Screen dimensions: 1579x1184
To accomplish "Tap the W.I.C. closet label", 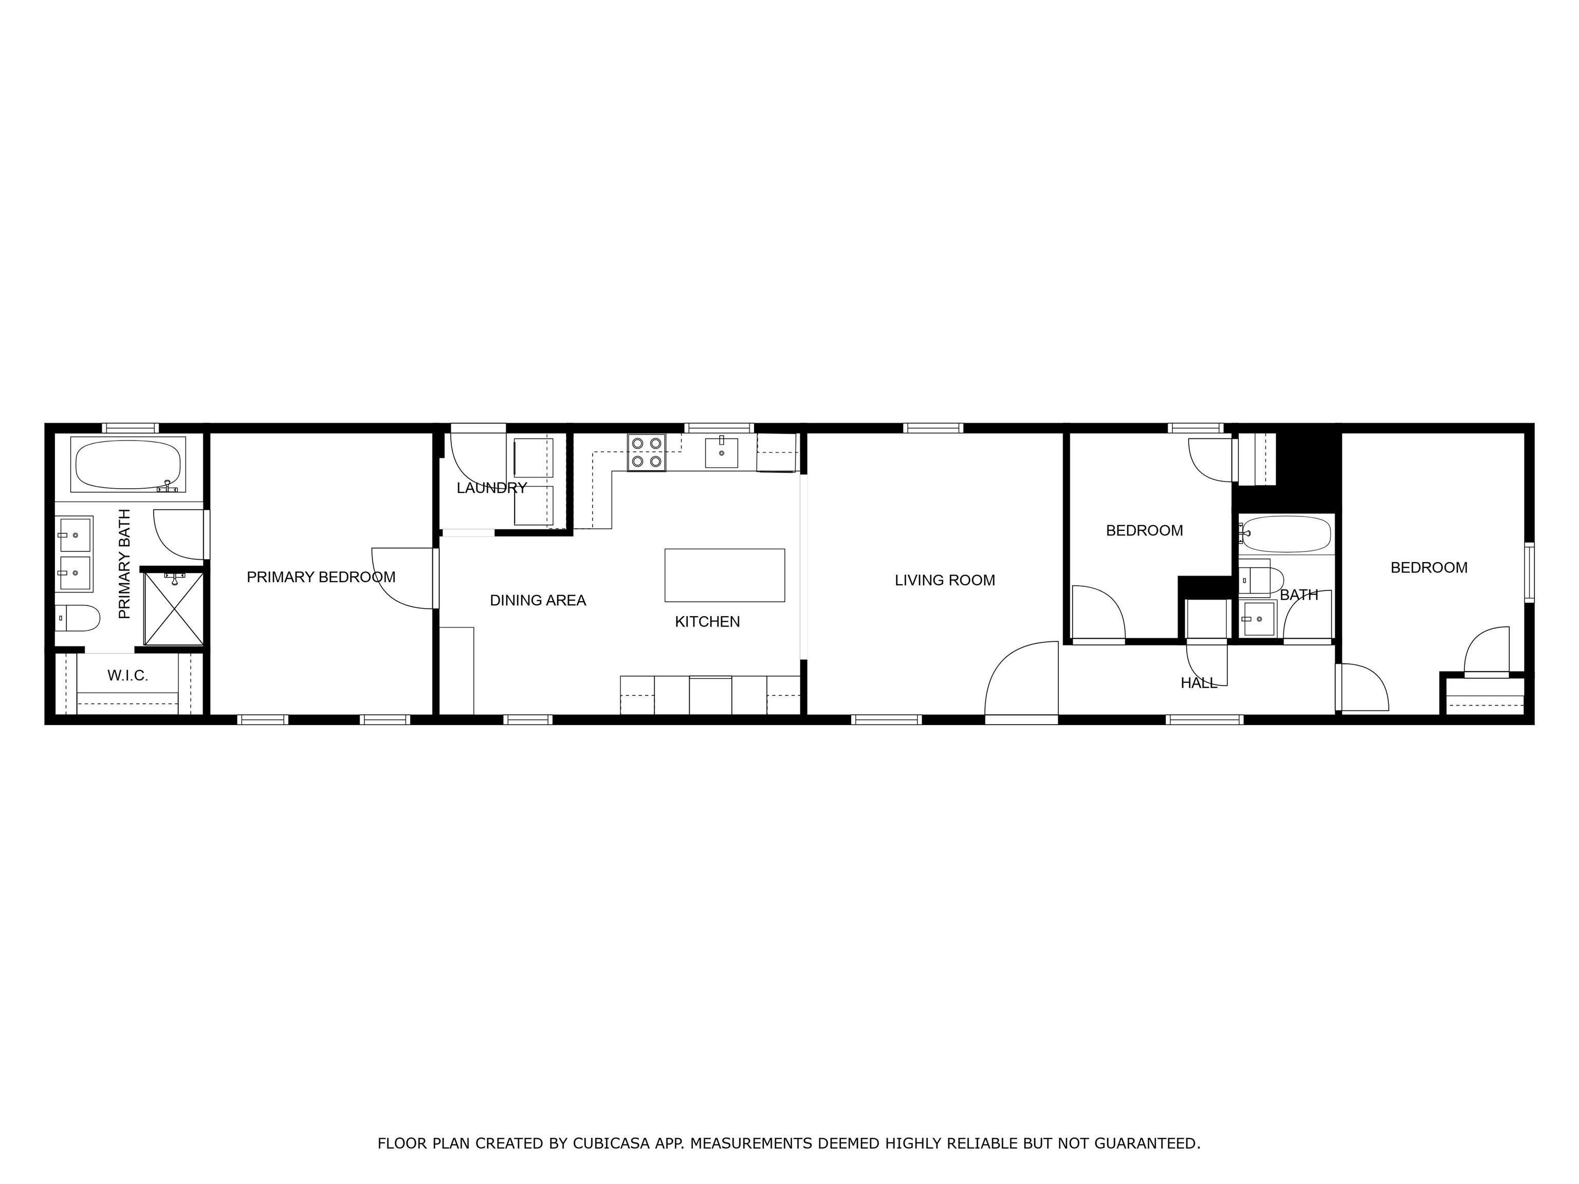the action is coord(128,676).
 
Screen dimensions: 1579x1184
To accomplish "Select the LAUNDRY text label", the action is coord(492,488).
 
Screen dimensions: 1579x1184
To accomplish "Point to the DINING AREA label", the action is coord(538,601).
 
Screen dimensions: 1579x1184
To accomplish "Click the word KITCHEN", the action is coord(707,622).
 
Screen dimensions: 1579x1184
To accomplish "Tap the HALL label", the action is coord(1199,683).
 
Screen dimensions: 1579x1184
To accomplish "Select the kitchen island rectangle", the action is coord(725,575).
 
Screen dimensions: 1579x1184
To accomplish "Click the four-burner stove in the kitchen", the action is coord(646,452).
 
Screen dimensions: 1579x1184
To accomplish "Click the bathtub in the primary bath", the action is coord(128,465).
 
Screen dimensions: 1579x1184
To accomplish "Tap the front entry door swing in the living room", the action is coord(1021,678).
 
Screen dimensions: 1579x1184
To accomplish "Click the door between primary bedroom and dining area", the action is coord(404,578).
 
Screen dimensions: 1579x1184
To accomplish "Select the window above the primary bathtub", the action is coord(130,428).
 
